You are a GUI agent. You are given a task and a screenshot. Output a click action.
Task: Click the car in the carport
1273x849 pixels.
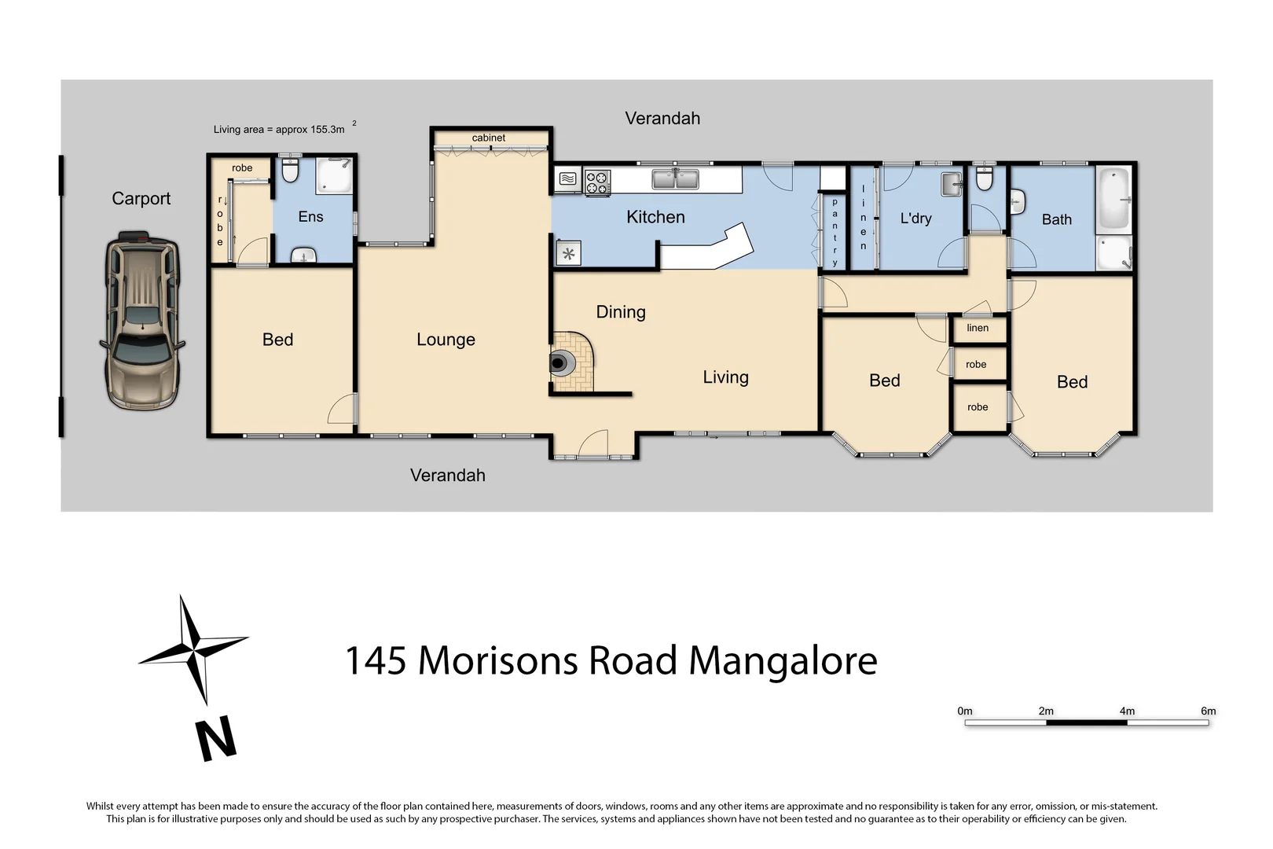[x=141, y=321]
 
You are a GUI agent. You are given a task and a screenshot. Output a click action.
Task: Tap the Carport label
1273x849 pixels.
[x=141, y=199]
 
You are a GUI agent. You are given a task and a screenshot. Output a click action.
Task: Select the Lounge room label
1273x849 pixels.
[x=446, y=340]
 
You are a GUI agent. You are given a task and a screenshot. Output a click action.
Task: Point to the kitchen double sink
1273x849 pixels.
[x=675, y=180]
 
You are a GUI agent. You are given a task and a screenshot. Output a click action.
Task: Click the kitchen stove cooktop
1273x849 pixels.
[x=598, y=183]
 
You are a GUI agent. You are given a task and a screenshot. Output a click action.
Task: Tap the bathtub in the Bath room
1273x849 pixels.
[x=1113, y=199]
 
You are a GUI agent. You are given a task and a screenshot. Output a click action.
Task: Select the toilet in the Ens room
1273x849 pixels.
[x=289, y=171]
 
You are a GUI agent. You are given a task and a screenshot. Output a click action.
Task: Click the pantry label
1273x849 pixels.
[x=835, y=232]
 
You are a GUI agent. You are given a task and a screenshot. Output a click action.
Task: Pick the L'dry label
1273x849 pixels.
[x=915, y=219]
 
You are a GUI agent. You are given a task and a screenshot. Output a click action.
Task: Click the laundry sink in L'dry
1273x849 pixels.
[x=952, y=185]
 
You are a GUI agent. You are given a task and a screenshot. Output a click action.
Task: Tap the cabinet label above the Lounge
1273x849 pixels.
[x=489, y=138]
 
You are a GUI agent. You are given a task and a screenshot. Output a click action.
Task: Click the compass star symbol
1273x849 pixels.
[x=193, y=649]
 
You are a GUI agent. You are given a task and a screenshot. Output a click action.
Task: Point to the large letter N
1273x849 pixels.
[x=216, y=738]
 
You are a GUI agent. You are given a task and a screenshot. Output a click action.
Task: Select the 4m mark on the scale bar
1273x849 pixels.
[x=1127, y=711]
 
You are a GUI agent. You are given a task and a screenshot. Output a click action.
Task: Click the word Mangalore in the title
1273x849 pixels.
[x=783, y=661]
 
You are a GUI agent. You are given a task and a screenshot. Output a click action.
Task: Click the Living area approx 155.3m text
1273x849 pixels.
[x=279, y=130]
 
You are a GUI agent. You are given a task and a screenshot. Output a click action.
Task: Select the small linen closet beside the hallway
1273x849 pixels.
[x=978, y=329]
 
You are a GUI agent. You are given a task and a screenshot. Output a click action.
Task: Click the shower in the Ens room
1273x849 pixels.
[x=334, y=177]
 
